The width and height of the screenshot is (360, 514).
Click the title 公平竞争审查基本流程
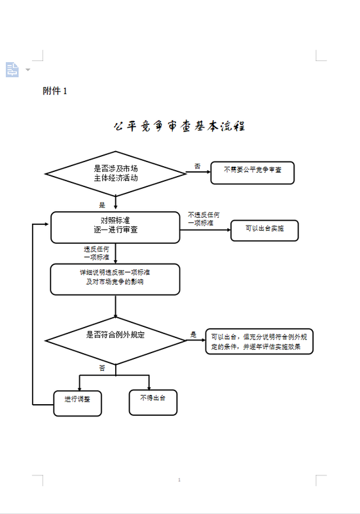179,126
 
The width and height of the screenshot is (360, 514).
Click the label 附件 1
55,91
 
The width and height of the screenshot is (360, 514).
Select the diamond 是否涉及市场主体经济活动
115,173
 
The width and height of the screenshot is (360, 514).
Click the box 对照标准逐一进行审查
115,227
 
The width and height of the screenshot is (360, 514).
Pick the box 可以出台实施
264,230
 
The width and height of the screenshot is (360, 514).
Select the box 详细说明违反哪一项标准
115,279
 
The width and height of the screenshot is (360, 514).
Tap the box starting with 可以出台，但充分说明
259,341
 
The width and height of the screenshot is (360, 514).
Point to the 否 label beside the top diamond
197,167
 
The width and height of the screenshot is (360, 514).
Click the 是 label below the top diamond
102,205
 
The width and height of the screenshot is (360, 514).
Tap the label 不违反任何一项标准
204,218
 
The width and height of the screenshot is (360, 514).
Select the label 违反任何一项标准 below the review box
96,252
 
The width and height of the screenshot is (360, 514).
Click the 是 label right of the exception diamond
193,334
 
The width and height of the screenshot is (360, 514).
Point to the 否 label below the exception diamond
102,368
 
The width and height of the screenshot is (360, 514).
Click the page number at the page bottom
179,481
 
